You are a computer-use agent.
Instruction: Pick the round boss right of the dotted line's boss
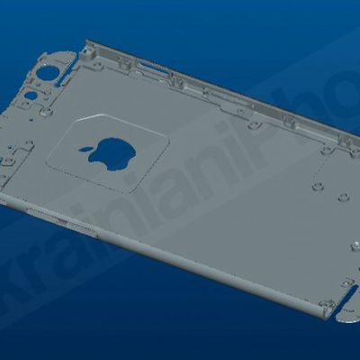pos(342,196)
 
